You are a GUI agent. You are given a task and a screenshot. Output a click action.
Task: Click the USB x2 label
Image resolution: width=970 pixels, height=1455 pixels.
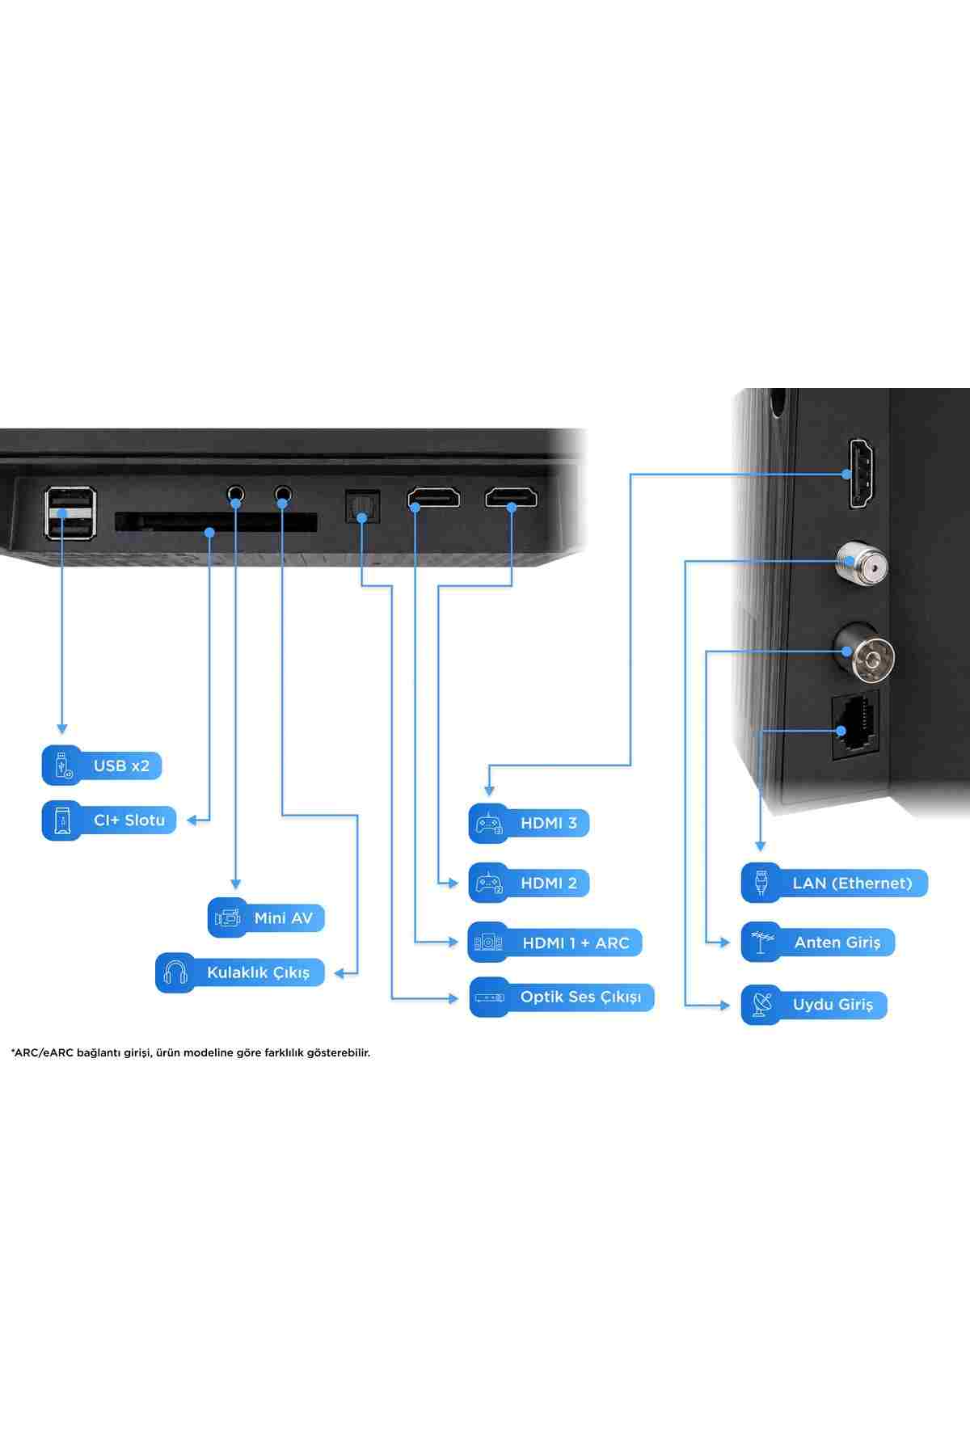coord(102,765)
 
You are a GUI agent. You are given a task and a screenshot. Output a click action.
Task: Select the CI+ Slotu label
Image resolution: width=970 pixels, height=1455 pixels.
coord(109,820)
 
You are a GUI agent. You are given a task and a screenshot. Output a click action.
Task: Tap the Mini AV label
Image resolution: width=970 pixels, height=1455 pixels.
coord(266,917)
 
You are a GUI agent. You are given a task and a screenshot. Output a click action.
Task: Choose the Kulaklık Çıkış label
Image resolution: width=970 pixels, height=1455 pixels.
coord(240,972)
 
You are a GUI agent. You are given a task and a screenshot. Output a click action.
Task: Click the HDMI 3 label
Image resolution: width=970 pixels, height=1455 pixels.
coord(529,823)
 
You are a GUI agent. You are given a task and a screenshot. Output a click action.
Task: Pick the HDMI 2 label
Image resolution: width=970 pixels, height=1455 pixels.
coord(529,883)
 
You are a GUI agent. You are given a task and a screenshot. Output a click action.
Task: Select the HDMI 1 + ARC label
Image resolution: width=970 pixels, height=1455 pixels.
coord(555,943)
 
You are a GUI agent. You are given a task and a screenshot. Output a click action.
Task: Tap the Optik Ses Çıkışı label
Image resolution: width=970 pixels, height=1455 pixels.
coord(562,997)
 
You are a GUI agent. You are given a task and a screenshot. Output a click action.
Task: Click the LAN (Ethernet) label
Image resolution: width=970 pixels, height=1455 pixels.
coord(834,883)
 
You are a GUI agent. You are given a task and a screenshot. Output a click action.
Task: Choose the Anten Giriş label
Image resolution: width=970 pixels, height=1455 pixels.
coord(818,942)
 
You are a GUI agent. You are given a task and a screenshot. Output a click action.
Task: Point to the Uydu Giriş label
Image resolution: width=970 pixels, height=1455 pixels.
coord(814,1005)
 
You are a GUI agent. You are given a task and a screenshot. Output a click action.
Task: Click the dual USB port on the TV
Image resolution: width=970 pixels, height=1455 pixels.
coord(70,512)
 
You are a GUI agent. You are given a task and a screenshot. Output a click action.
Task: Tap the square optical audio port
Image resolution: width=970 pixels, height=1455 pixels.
coord(362,507)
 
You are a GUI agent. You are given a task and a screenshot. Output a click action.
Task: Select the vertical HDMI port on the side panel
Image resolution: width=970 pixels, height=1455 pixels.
coord(862,473)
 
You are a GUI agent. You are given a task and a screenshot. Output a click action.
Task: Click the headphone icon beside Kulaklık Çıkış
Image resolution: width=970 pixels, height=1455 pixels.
coord(175,972)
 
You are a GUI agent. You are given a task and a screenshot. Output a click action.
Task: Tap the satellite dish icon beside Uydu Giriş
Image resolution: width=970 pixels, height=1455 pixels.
coord(761,1005)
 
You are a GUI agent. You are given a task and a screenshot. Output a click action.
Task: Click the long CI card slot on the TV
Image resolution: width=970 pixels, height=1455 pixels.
coord(216,521)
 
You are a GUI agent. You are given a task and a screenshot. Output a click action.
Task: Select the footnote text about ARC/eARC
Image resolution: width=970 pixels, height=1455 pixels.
coord(191,1052)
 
